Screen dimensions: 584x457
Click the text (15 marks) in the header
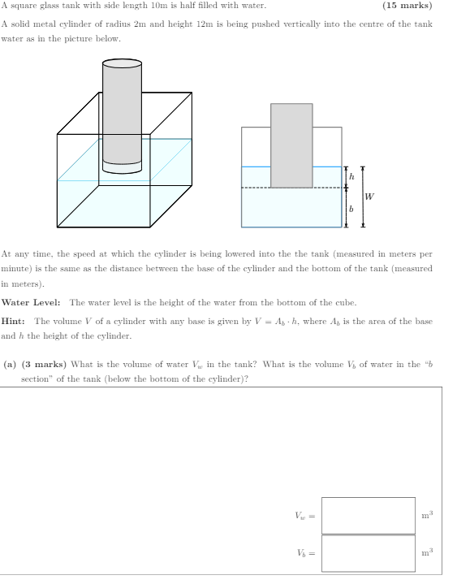(x=407, y=6)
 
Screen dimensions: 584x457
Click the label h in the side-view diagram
(x=351, y=176)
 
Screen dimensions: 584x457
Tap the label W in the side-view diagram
(x=370, y=196)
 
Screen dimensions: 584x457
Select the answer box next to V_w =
(x=368, y=515)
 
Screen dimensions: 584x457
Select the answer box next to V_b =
(x=368, y=552)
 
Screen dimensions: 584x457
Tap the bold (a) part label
(x=10, y=365)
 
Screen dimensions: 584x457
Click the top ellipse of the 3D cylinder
(x=122, y=63)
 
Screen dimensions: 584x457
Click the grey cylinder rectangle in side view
(x=291, y=145)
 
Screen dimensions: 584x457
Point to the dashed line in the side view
(x=292, y=188)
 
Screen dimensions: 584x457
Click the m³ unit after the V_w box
(x=427, y=515)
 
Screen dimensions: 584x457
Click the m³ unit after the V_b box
(x=427, y=552)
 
